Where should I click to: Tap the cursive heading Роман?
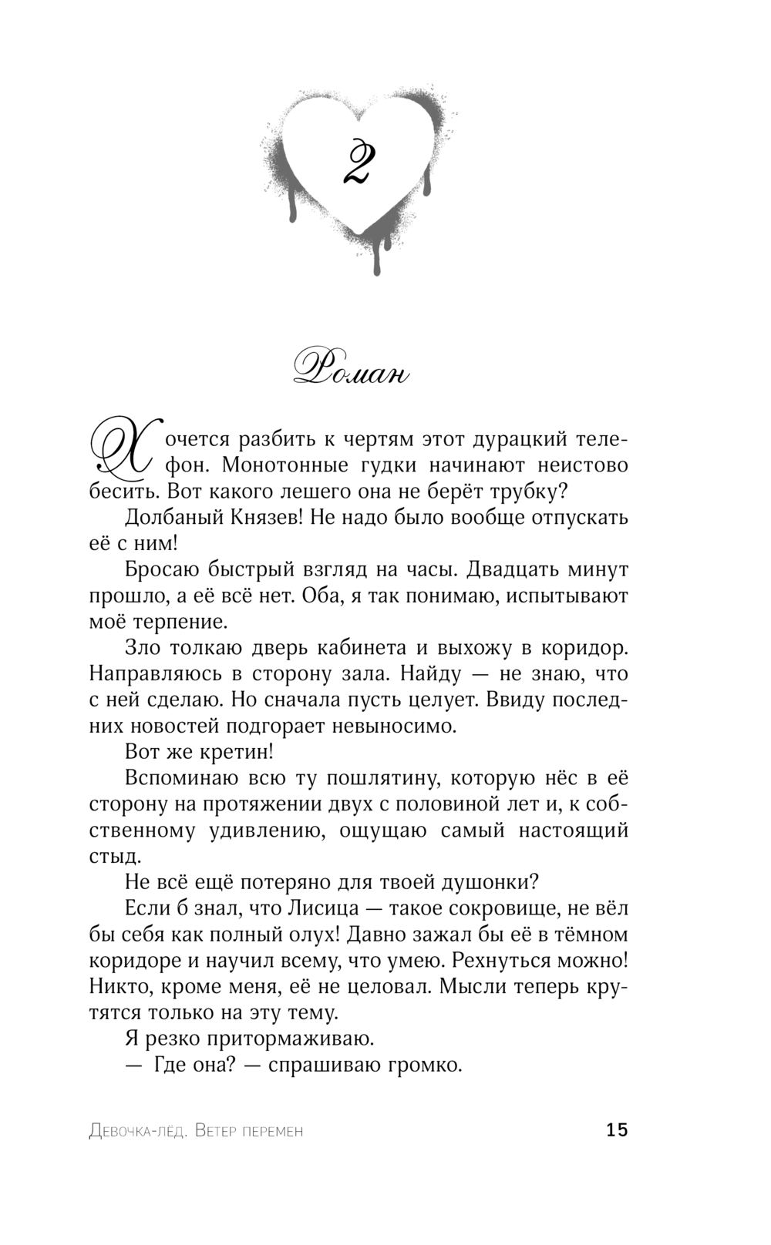click(x=351, y=372)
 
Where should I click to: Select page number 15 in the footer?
click(x=617, y=1130)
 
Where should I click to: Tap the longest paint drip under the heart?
click(x=377, y=254)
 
